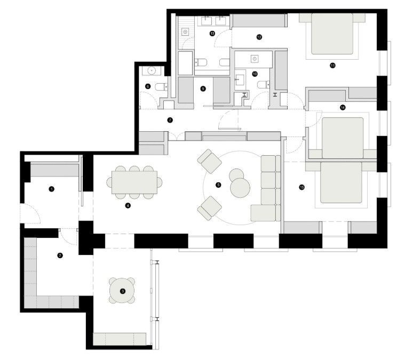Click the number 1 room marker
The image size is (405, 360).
click(x=51, y=189)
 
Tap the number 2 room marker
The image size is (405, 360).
click(x=60, y=256)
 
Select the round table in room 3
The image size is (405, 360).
click(x=123, y=291)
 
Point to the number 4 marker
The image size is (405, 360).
click(x=128, y=205)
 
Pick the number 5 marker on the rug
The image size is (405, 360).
click(x=218, y=185)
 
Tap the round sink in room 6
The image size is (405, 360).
click(x=152, y=70)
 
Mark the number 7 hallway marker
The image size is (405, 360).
click(x=170, y=120)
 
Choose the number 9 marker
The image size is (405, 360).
click(x=203, y=89)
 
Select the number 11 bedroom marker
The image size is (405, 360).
click(x=332, y=66)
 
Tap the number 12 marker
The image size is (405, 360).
click(x=259, y=37)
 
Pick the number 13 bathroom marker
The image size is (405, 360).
click(x=212, y=34)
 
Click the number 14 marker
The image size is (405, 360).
click(x=343, y=107)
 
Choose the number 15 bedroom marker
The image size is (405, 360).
click(x=302, y=187)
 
